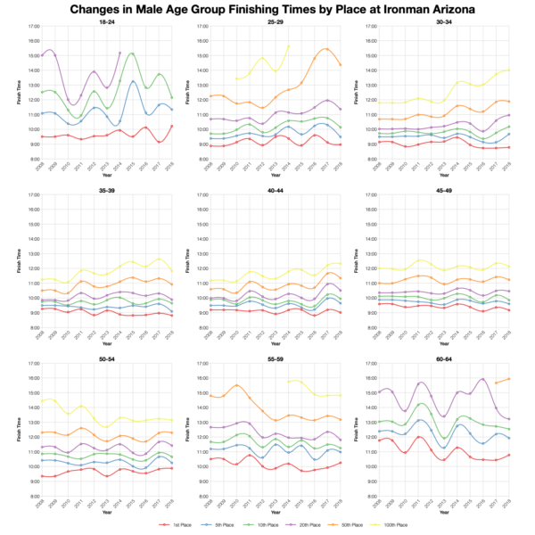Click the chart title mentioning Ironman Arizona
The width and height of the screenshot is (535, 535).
(267, 9)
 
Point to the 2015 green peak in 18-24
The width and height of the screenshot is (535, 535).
(133, 53)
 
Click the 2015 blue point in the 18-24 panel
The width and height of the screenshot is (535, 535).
(133, 82)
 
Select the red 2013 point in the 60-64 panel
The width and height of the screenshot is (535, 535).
(445, 460)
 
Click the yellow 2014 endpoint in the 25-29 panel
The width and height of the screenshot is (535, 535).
(288, 45)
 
